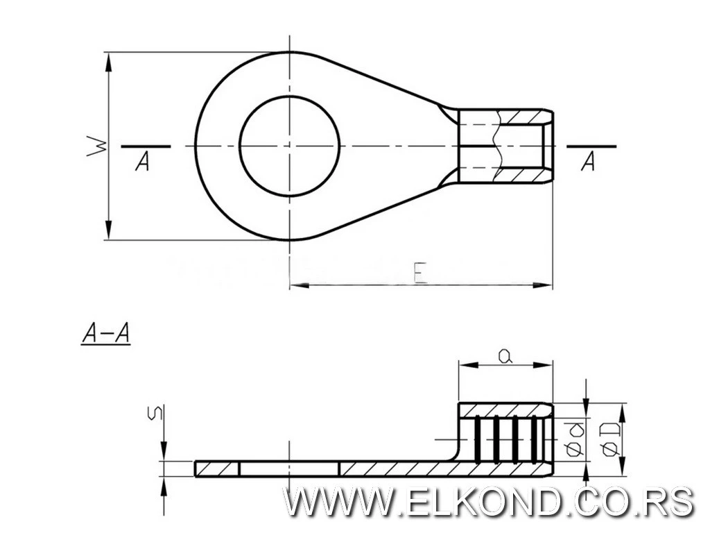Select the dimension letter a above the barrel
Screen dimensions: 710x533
(x=505, y=356)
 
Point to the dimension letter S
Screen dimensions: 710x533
(x=156, y=413)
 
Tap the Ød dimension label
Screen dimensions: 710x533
(x=575, y=439)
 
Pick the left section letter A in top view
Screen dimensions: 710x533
(x=143, y=161)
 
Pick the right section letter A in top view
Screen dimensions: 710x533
(x=588, y=161)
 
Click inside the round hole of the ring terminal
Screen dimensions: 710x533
(x=289, y=146)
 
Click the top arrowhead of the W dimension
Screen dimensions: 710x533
(x=108, y=62)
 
